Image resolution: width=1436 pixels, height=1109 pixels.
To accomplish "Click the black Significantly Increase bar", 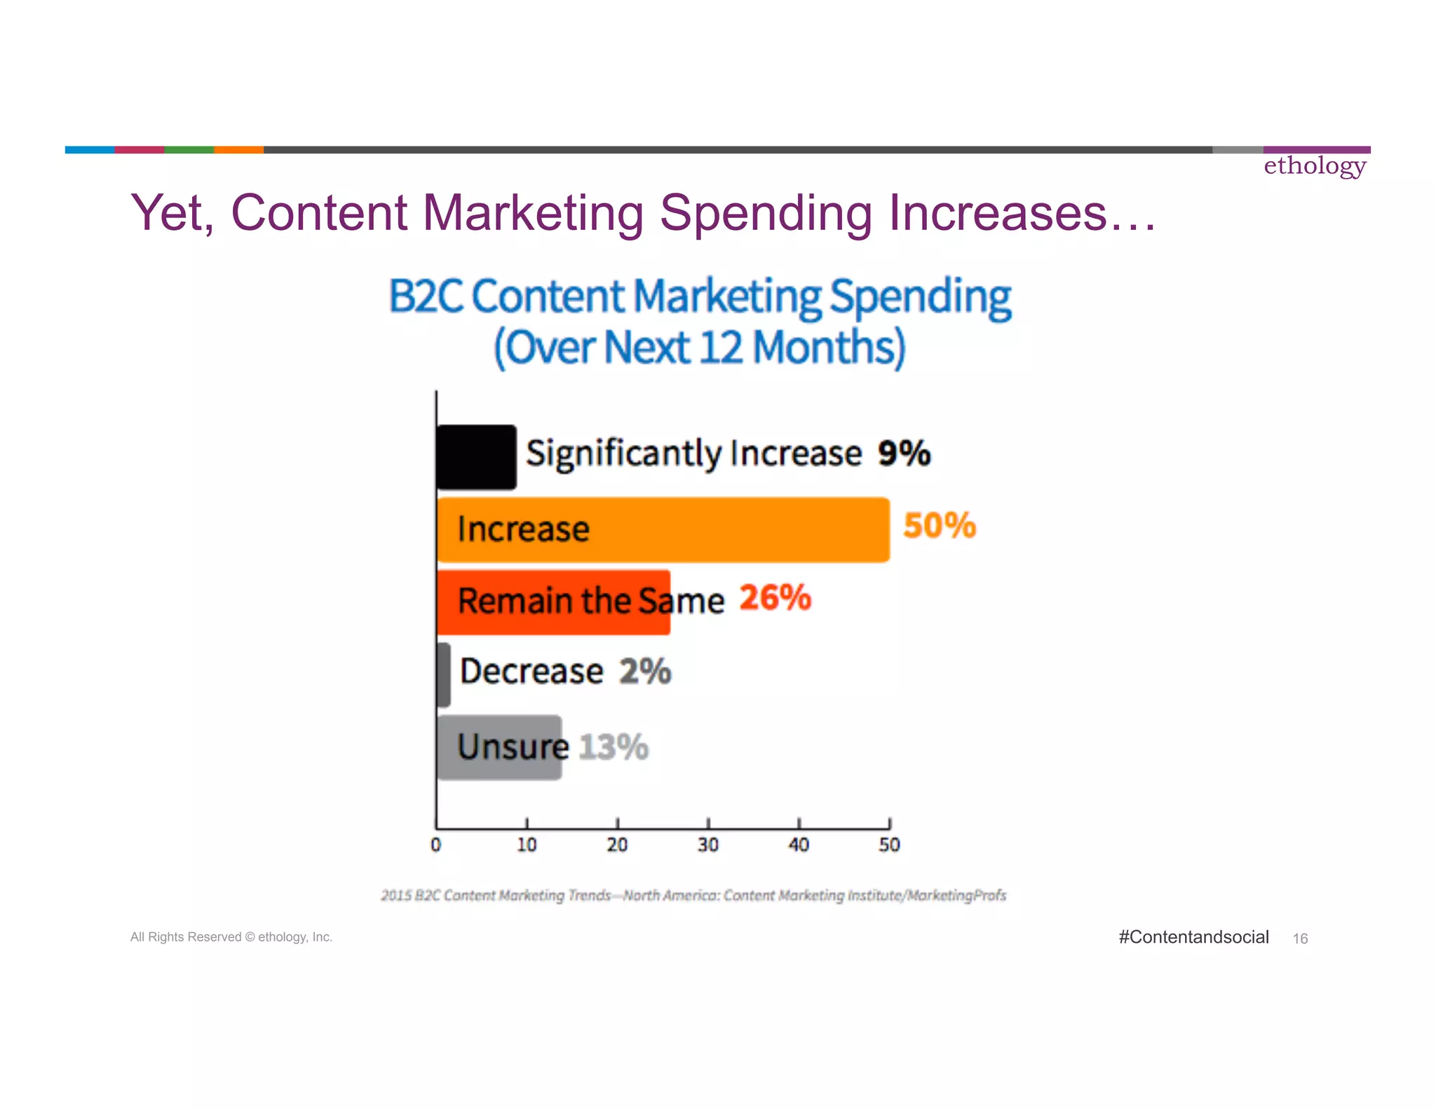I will coord(476,456).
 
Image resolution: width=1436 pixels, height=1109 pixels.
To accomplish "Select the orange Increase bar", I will coord(736,530).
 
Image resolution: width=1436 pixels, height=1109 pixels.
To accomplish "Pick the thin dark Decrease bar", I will coord(443,675).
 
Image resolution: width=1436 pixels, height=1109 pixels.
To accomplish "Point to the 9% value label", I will coord(904,453).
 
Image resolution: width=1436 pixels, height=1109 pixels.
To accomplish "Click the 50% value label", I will coord(940,526).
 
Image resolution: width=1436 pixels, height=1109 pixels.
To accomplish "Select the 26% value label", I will coord(775,598).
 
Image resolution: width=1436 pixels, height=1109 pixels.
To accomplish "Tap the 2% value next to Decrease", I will coord(645,672).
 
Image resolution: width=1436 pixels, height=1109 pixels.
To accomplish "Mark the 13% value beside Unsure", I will coord(614,747).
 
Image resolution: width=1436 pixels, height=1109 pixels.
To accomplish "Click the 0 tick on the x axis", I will coord(436,845).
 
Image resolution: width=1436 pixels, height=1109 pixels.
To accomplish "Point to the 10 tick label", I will coord(527,845).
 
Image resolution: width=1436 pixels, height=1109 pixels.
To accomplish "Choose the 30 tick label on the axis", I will coord(708,845).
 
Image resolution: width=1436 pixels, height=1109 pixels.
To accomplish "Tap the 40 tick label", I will coord(799,845).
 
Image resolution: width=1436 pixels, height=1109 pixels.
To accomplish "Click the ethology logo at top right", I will coord(1315,166).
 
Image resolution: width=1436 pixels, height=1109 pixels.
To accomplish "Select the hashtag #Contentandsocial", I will coord(1193,937).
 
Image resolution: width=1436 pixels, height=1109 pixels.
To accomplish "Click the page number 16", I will coord(1300,939).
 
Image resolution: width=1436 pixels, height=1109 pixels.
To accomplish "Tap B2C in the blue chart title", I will coord(425,297).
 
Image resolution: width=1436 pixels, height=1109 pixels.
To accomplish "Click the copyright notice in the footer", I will coord(231,937).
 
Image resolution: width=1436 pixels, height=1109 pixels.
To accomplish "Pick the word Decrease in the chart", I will coord(531,672).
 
